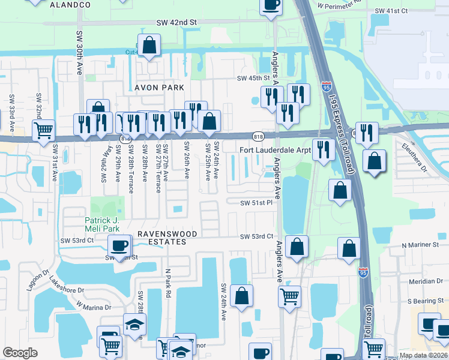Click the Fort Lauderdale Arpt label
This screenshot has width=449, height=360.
point(275,150)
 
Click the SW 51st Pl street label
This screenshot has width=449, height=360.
point(256,203)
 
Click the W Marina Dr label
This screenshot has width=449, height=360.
point(94,307)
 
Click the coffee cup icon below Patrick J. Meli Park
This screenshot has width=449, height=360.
point(119,245)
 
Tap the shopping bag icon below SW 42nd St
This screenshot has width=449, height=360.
point(149,45)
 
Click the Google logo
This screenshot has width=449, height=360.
point(20,353)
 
